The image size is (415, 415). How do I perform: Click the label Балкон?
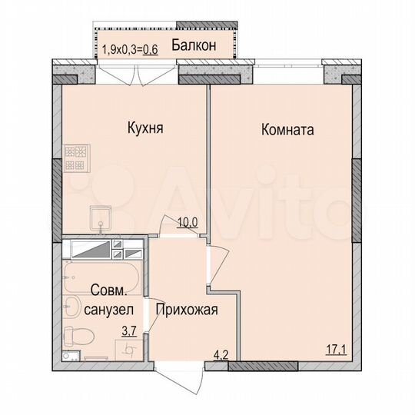click(x=192, y=45)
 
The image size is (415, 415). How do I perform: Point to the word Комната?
click(x=287, y=130)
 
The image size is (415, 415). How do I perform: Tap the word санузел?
click(x=102, y=310)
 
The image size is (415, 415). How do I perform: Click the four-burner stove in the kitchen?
click(x=75, y=158)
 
